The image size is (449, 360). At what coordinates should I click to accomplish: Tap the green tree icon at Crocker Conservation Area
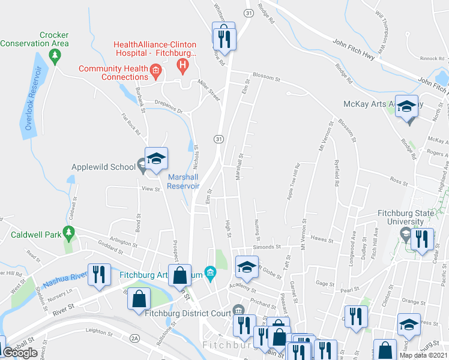click(55, 56)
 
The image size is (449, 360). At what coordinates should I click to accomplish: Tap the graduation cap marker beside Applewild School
click(156, 160)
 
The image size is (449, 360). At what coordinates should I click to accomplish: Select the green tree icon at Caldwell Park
click(70, 232)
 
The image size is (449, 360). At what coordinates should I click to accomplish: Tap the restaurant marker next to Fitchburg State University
click(423, 239)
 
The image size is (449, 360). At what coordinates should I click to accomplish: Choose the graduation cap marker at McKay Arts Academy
click(407, 108)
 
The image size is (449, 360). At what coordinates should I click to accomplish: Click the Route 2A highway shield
click(135, 338)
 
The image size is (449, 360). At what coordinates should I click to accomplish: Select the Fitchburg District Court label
click(190, 312)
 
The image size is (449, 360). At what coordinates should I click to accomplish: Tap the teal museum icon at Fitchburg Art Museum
click(210, 274)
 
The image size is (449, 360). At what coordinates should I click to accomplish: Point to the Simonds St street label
click(267, 247)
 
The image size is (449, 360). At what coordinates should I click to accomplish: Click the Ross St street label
click(399, 179)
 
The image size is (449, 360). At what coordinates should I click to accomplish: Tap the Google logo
click(20, 353)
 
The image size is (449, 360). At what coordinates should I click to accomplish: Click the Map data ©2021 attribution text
click(423, 355)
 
